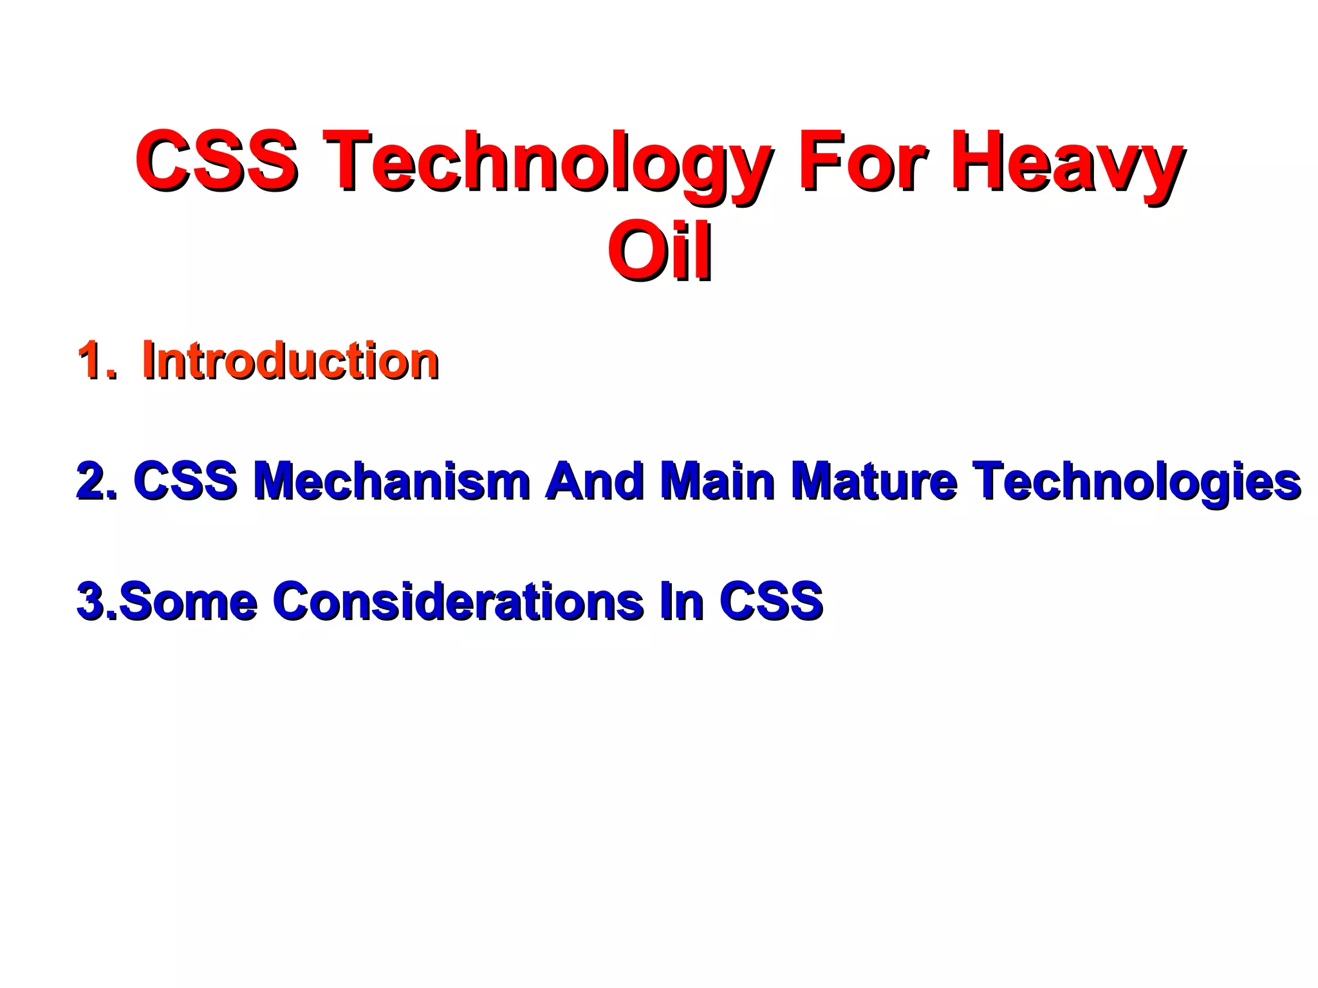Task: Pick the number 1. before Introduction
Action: (x=97, y=360)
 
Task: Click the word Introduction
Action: (x=290, y=360)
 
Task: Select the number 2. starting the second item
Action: (x=97, y=481)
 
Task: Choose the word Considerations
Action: (x=458, y=601)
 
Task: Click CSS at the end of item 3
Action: (x=772, y=601)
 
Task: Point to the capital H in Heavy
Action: (x=978, y=160)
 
